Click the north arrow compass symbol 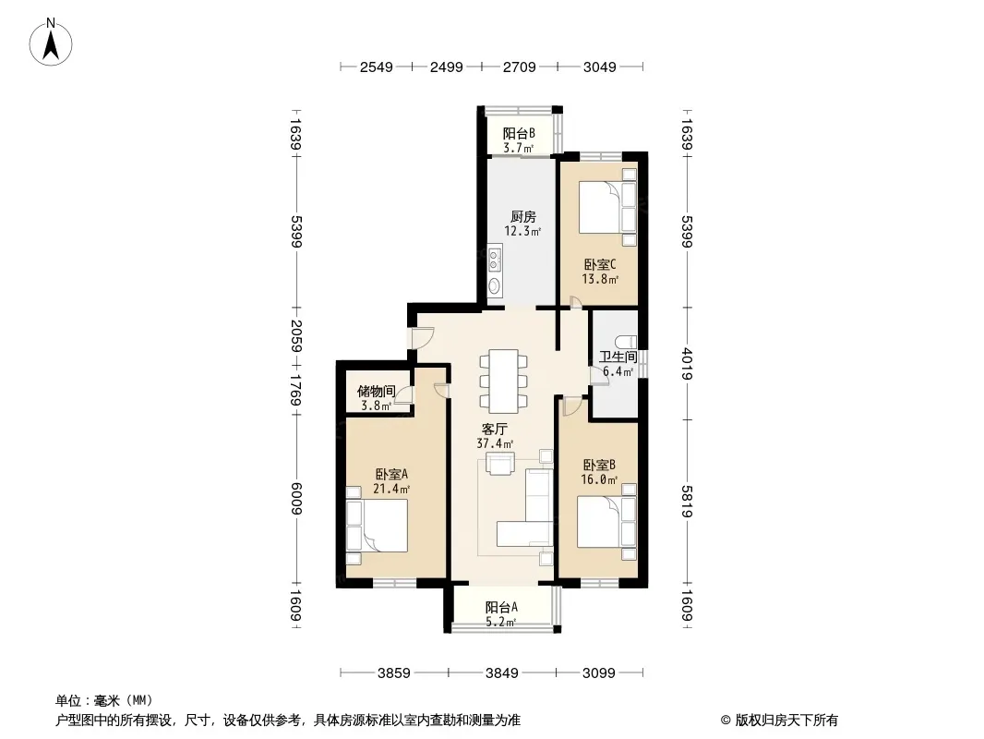(51, 42)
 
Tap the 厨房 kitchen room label (522, 216)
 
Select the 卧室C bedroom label (600, 264)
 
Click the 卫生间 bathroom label (618, 357)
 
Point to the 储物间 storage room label (376, 391)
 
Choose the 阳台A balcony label (501, 607)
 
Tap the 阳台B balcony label (519, 133)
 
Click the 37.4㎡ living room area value (495, 443)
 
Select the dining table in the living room (503, 382)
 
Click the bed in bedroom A (377, 525)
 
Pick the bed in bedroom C (607, 207)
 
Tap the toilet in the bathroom (625, 343)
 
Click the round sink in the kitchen (495, 286)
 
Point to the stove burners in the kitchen (495, 260)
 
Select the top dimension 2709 (520, 67)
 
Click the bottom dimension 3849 (502, 673)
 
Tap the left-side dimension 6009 (297, 499)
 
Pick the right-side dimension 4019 (687, 364)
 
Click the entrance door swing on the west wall (420, 338)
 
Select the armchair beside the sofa (500, 464)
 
